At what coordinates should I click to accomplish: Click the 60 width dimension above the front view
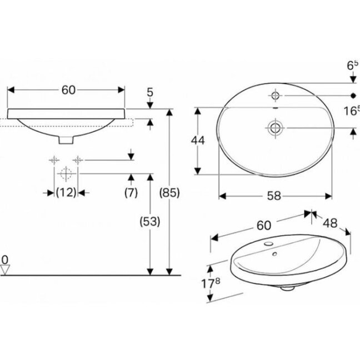[68, 90]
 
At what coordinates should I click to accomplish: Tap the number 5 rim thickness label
[150, 92]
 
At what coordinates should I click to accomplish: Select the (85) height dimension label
[169, 193]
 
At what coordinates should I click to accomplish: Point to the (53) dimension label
[150, 222]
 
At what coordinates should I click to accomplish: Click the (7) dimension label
[131, 192]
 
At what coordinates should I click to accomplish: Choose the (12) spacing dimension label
[66, 192]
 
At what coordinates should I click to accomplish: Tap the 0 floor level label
[5, 260]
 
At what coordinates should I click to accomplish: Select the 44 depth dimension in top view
[198, 141]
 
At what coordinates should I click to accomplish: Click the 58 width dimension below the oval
[274, 196]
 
